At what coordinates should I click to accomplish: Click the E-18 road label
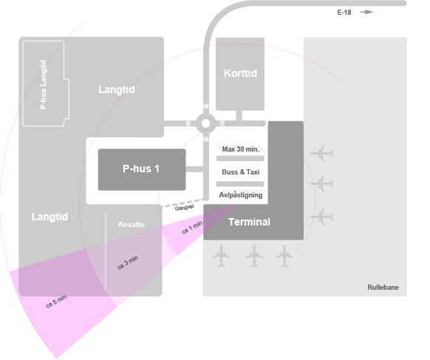[x=344, y=13]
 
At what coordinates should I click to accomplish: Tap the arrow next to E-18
[x=366, y=12]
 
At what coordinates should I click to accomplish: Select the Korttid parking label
[x=240, y=73]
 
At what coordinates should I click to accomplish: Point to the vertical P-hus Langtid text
[x=43, y=84]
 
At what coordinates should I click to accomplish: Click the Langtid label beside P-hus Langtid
[x=117, y=89]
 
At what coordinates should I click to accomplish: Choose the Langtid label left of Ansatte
[x=50, y=217]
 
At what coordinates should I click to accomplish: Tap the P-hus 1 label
[x=141, y=169]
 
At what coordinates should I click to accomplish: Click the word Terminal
[x=249, y=222]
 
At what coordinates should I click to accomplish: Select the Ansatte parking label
[x=131, y=225]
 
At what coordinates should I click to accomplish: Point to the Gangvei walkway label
[x=184, y=208]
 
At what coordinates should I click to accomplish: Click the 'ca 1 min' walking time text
[x=192, y=228]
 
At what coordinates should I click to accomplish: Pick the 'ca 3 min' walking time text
[x=128, y=262]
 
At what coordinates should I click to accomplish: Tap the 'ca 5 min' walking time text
[x=56, y=302]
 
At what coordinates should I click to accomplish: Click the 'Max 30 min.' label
[x=240, y=149]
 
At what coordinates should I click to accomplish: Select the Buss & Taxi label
[x=241, y=172]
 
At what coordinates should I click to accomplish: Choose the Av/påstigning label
[x=241, y=195]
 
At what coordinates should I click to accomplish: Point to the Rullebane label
[x=383, y=288]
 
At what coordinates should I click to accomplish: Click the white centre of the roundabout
[x=205, y=123]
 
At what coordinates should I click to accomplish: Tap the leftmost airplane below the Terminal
[x=221, y=256]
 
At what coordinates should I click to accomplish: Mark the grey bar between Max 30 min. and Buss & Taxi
[x=240, y=158]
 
